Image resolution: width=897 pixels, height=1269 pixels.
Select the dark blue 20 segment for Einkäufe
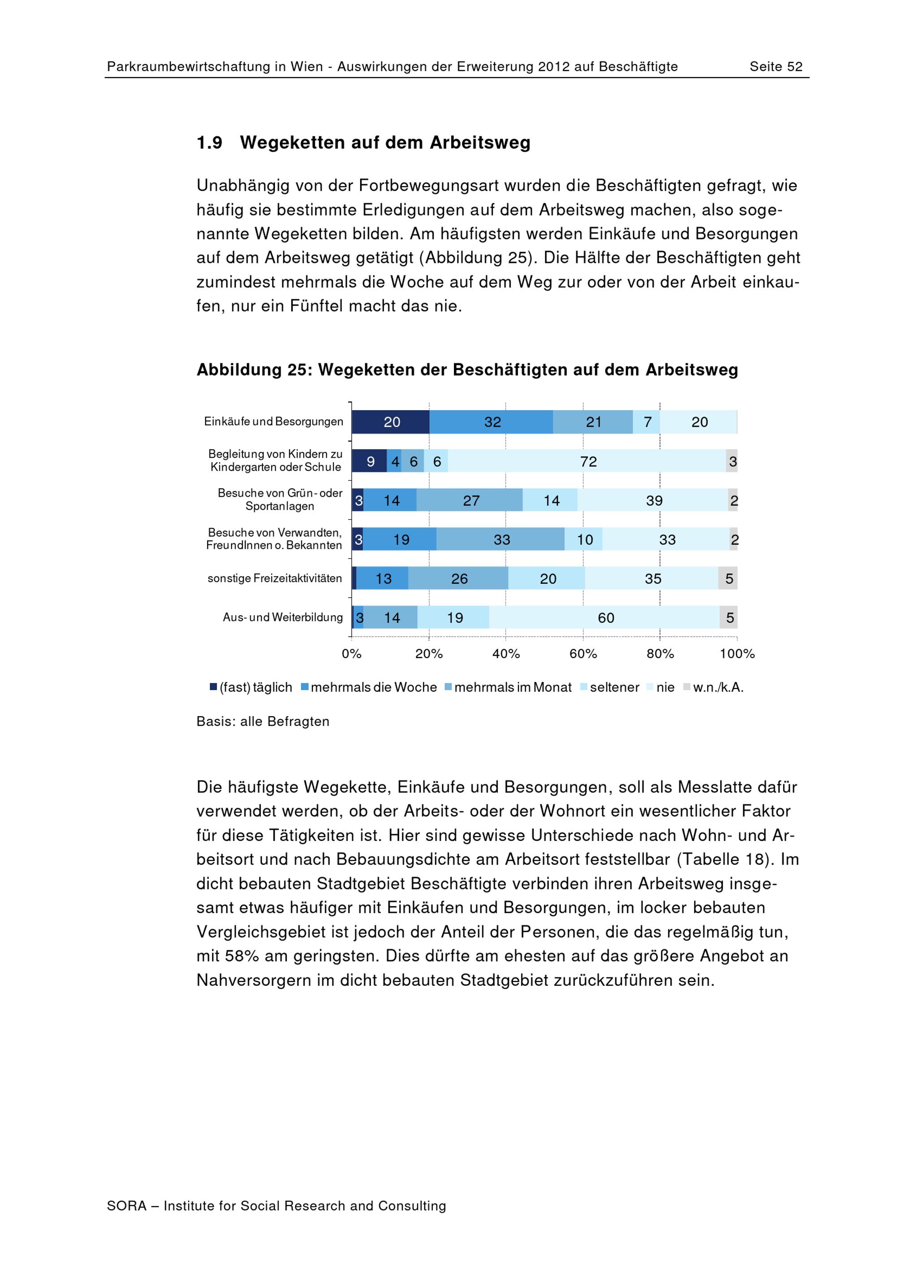391,422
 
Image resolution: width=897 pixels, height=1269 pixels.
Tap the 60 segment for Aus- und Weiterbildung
605,617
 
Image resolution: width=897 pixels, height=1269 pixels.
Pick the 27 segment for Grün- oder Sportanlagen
470,500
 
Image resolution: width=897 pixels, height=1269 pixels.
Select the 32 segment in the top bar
492,422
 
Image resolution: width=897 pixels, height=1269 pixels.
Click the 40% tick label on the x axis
506,654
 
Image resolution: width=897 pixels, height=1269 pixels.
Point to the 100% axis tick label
737,654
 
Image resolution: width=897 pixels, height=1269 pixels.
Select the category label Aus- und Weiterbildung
282,617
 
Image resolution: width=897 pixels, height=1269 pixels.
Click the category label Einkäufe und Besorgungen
274,421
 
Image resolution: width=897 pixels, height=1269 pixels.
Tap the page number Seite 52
775,66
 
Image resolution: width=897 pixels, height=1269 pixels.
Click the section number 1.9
209,143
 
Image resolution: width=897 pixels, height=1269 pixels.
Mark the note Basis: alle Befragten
263,721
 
